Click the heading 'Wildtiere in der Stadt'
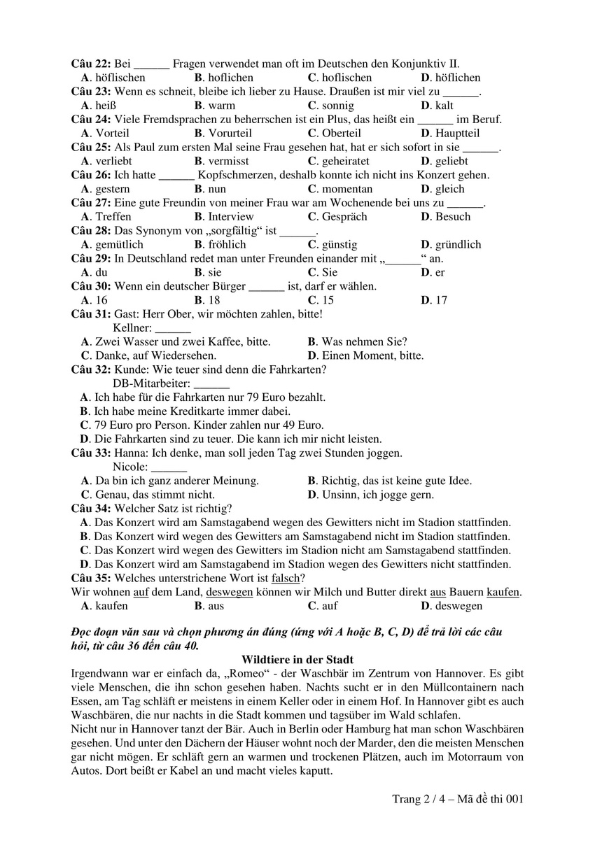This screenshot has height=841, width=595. click(297, 660)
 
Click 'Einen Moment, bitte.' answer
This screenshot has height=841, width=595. click(371, 355)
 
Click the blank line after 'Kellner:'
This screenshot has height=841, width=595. click(172, 327)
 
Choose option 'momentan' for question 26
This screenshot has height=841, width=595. click(347, 189)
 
